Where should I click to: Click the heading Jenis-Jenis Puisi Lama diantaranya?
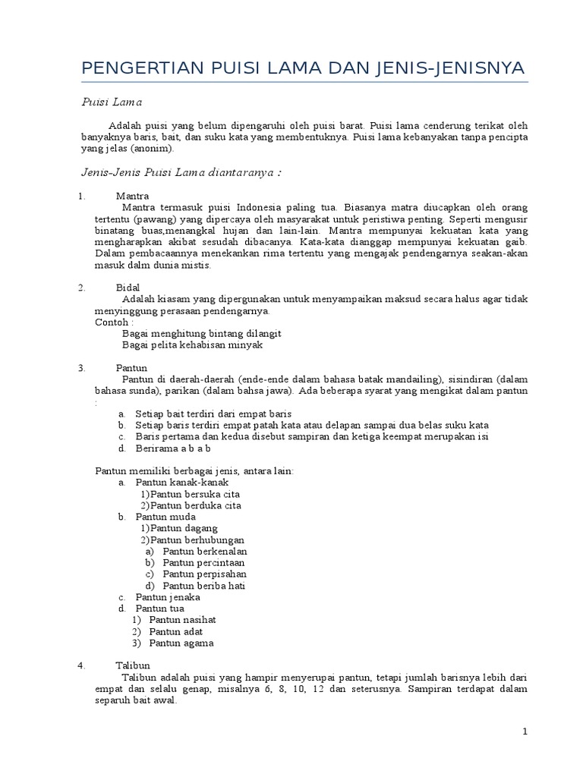(182, 172)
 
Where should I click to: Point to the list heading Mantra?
(132, 196)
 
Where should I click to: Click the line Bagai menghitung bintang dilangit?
(201, 333)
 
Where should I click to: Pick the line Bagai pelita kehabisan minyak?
(192, 344)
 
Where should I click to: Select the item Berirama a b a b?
(172, 448)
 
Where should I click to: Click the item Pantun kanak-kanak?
(181, 482)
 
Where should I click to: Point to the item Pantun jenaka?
(168, 597)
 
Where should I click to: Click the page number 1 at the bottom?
(524, 731)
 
